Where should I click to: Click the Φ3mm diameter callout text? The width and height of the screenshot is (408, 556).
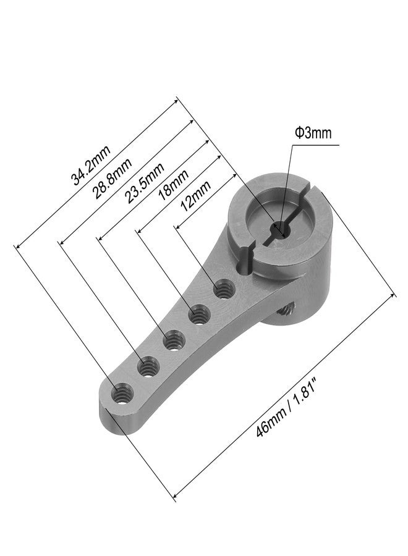point(313,133)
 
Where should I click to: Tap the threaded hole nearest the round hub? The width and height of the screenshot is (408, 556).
point(223,289)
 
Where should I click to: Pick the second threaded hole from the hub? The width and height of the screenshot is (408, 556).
point(198,315)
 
